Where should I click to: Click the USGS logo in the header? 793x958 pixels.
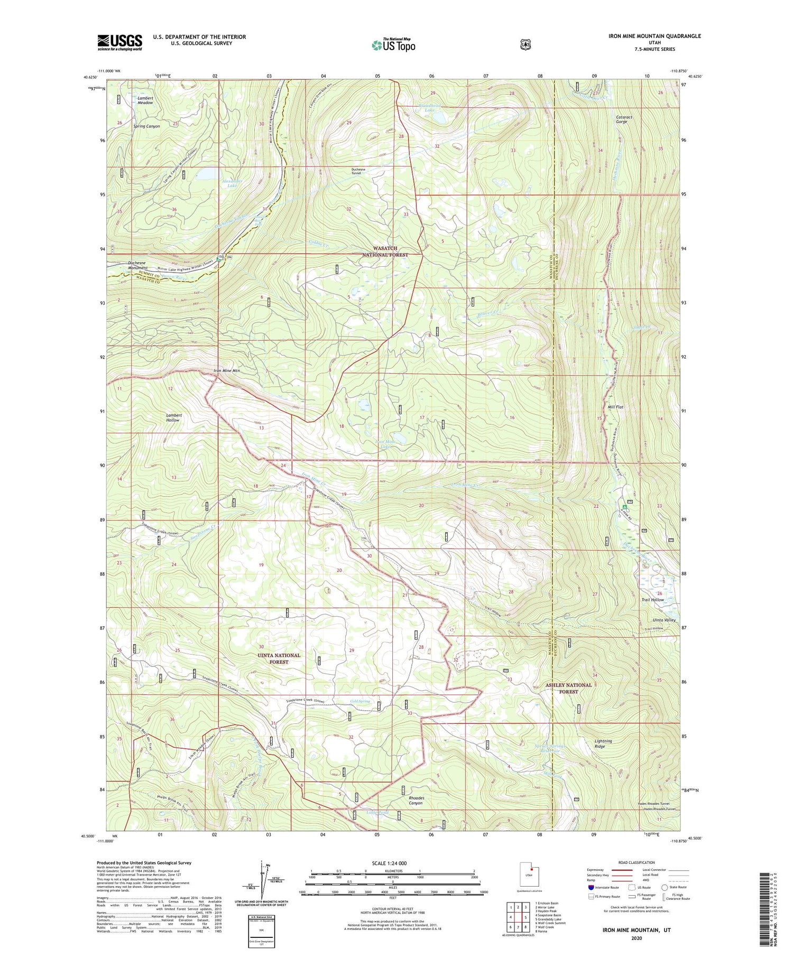119,42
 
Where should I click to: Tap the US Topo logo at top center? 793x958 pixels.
393,44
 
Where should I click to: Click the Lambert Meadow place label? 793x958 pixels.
145,100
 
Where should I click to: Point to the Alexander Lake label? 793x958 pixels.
232,183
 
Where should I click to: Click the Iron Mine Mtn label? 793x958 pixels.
226,371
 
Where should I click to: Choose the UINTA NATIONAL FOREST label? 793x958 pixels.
279,658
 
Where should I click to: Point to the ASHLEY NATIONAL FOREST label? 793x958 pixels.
568,688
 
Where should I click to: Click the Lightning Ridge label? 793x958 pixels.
603,743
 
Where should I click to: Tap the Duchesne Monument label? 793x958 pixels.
137,265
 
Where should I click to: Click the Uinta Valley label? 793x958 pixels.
666,620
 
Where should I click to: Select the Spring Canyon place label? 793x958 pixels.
146,126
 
